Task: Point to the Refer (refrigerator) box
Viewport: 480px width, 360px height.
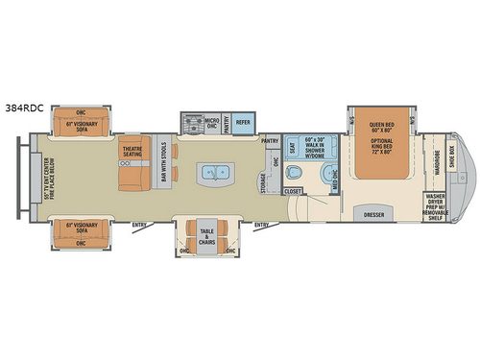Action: coord(244,122)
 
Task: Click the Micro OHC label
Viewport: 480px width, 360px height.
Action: coord(213,123)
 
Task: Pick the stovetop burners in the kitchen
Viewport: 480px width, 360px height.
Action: coord(190,123)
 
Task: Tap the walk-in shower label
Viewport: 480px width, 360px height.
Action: coord(320,144)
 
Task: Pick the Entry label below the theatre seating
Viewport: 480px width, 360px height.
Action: coord(138,227)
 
